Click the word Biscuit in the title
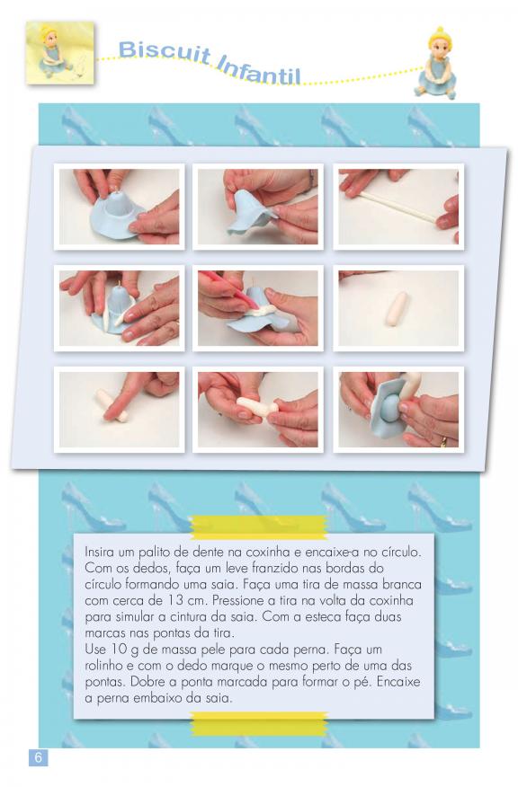(x=165, y=53)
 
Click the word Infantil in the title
(x=259, y=70)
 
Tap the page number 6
(x=38, y=756)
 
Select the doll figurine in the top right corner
(x=436, y=63)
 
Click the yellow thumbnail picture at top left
(x=59, y=53)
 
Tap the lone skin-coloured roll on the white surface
(x=397, y=309)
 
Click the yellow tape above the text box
(x=259, y=526)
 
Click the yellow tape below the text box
(x=259, y=724)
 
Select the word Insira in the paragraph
(x=99, y=552)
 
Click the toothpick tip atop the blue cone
(x=117, y=189)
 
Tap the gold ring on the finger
(x=443, y=442)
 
